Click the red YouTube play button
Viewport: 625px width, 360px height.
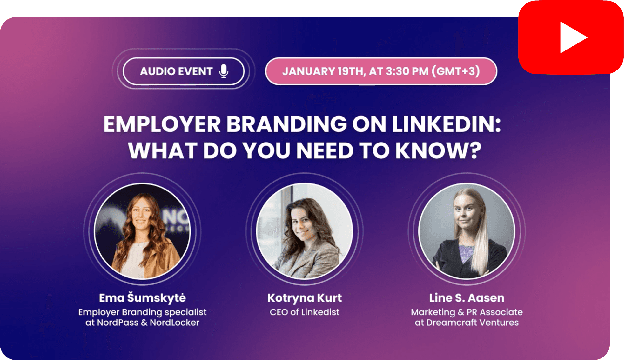pos(571,37)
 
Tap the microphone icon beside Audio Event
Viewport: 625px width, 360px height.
pos(224,71)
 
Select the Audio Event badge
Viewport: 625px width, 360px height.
pos(183,71)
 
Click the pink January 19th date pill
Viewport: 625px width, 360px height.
pos(381,71)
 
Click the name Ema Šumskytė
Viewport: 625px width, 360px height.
pos(142,298)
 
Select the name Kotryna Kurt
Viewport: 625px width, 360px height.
pos(304,298)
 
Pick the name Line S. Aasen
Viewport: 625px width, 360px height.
pos(467,298)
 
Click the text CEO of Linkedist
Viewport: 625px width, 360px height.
pos(304,312)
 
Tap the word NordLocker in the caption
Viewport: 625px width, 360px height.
pos(174,323)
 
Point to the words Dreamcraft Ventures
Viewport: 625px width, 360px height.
pos(472,323)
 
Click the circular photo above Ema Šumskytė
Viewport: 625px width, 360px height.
pos(142,231)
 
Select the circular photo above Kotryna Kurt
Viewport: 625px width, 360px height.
pos(304,231)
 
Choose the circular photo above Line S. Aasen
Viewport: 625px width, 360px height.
pos(467,231)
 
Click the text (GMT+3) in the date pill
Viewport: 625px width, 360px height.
pos(456,71)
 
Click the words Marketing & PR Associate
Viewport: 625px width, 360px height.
pos(467,312)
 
